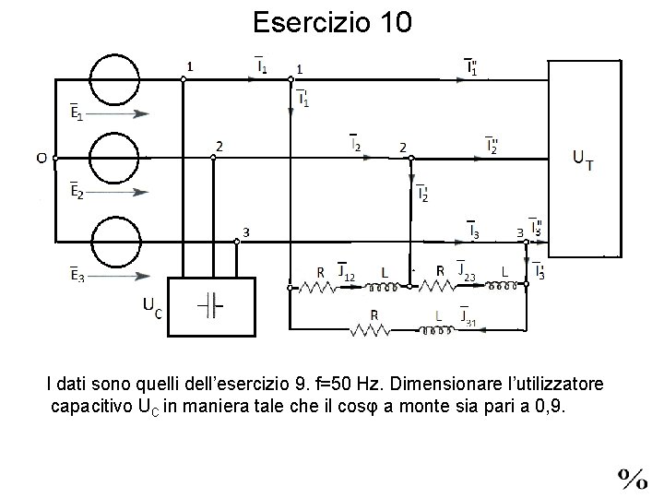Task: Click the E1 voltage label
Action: pos(77,113)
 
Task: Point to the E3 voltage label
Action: pos(77,274)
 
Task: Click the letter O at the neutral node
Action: pos(41,158)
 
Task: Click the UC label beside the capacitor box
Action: pos(152,307)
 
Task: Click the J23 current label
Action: pos(467,274)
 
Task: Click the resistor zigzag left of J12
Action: pos(318,286)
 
